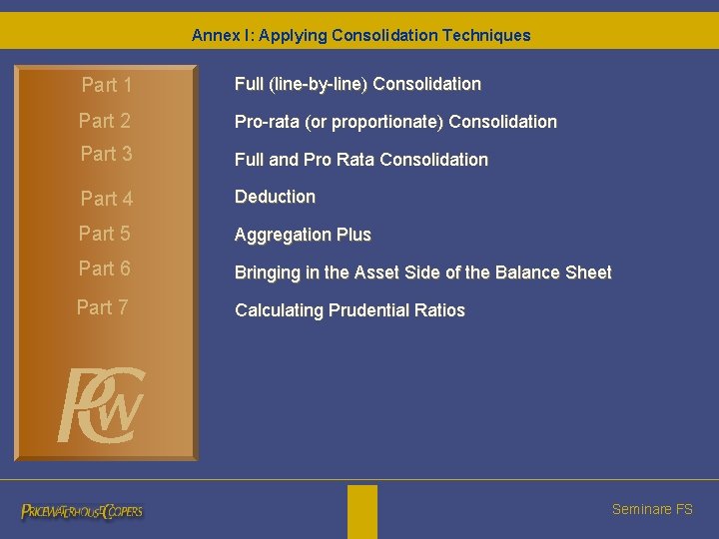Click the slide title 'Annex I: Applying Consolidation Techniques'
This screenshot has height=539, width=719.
point(360,35)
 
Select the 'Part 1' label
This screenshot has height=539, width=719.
point(107,86)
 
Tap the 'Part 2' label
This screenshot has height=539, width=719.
point(105,122)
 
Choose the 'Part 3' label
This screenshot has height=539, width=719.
point(106,154)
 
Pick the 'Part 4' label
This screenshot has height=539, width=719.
point(107,199)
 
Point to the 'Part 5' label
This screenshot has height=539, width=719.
point(105,234)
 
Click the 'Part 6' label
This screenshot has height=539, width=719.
point(105,269)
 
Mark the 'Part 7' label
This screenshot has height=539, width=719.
point(103,307)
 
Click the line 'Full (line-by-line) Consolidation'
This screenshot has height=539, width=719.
point(358,84)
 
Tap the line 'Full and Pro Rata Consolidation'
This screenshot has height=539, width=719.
point(360,160)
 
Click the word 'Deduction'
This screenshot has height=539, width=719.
point(275,197)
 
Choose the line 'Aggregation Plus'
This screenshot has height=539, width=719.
point(303,235)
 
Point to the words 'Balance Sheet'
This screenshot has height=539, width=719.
point(561,272)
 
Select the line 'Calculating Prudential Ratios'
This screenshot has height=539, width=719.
point(350,310)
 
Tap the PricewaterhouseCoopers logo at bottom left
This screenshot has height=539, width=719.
point(82,511)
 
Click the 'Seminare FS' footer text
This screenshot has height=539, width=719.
point(652,509)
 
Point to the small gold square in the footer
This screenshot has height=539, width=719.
point(362,511)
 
